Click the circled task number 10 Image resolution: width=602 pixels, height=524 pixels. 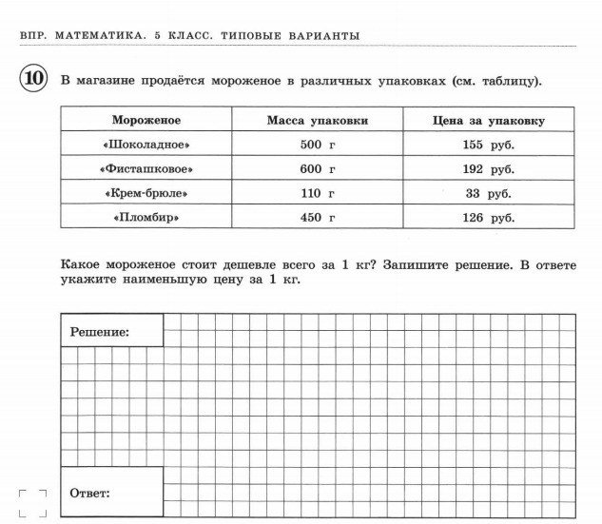tap(32, 79)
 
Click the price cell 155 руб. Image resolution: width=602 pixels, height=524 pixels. tap(488, 145)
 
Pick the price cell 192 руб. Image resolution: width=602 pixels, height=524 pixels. tap(488, 169)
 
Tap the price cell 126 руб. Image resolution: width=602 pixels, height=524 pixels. tap(488, 218)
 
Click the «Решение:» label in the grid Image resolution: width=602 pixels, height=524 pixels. tap(100, 332)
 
